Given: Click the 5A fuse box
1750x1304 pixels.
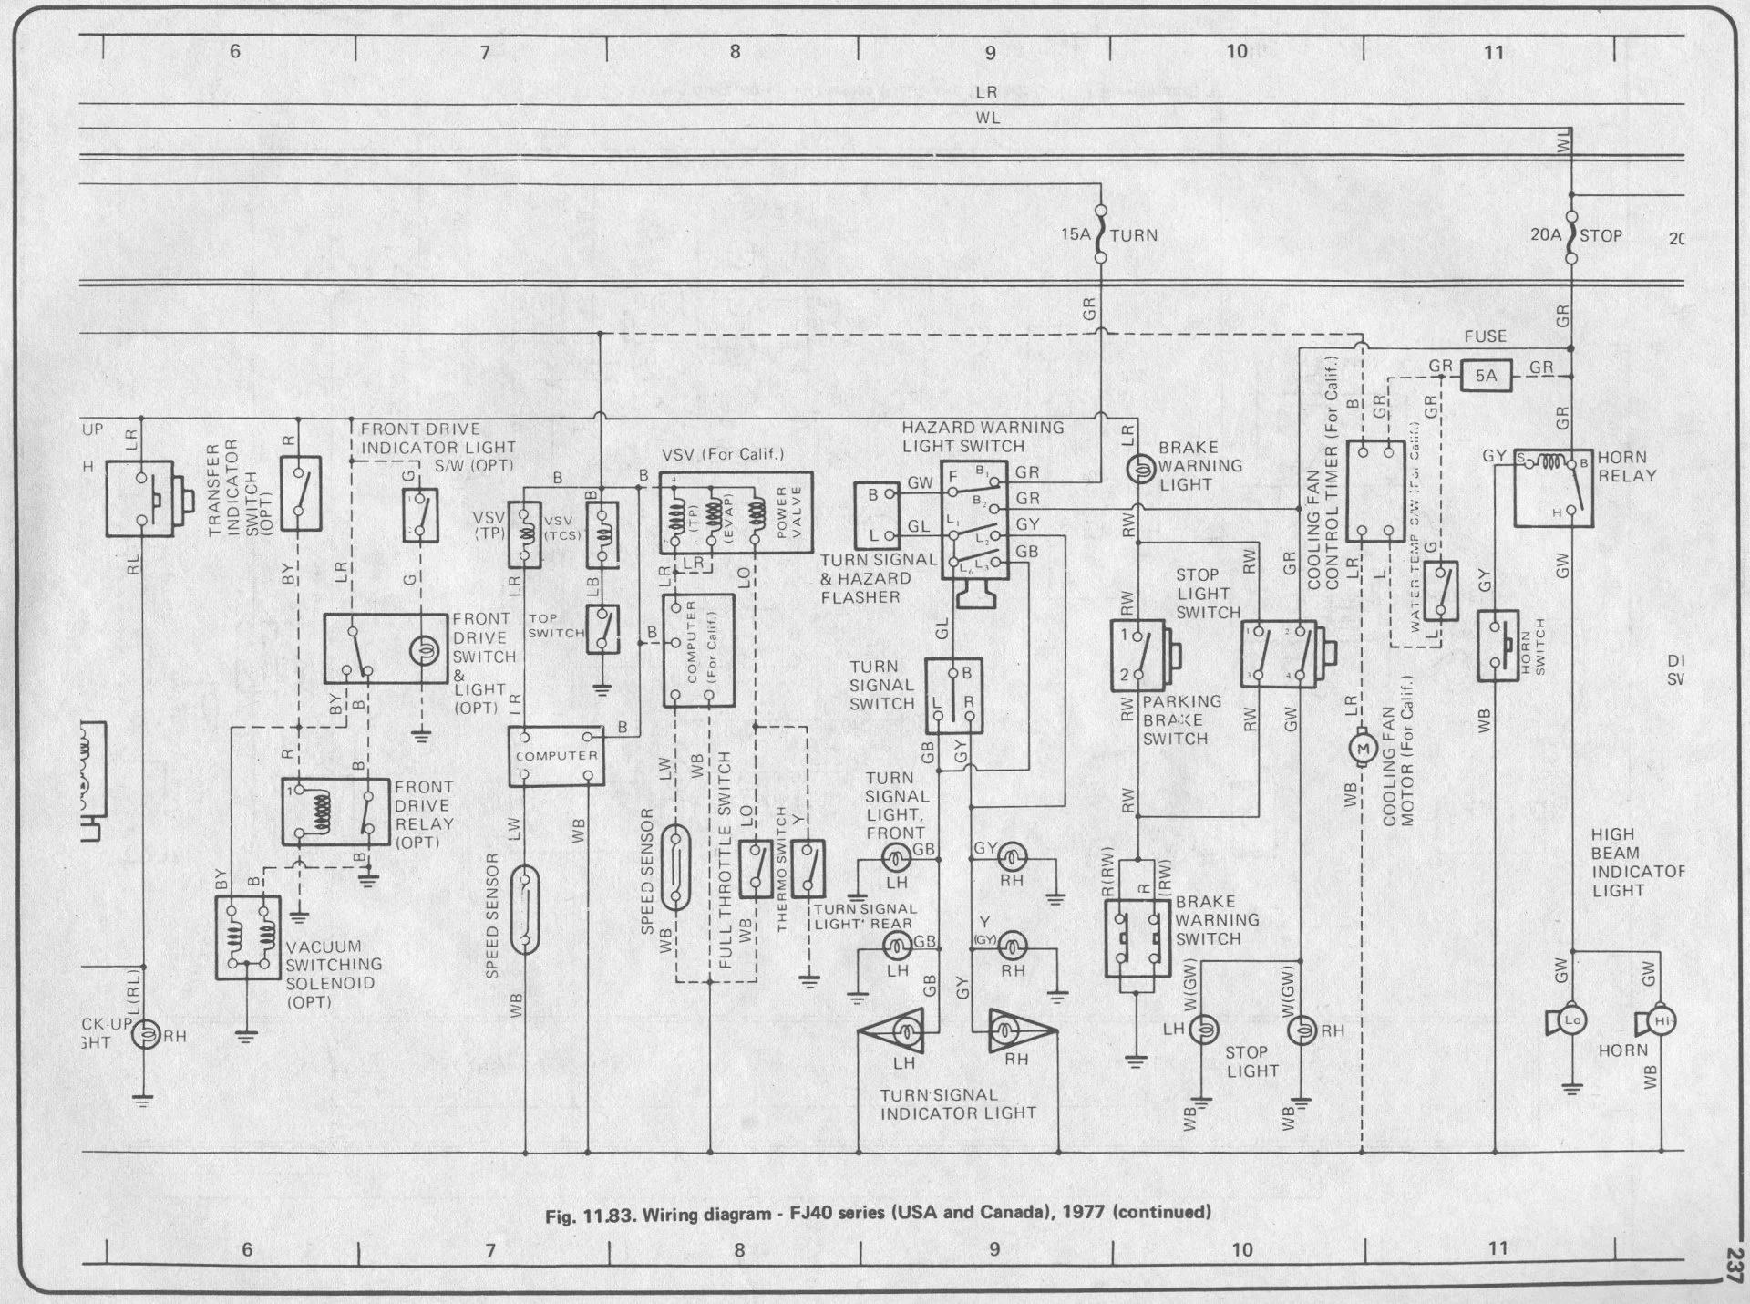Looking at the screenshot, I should [x=1486, y=375].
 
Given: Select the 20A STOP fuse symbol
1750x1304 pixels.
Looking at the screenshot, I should [x=1570, y=235].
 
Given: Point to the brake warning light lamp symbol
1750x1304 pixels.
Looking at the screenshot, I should [x=1138, y=470].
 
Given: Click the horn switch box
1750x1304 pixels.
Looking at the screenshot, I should [x=1497, y=646].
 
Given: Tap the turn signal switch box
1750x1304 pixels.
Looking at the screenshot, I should [x=953, y=696].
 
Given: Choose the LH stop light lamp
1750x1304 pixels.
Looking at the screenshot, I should [x=1202, y=1030].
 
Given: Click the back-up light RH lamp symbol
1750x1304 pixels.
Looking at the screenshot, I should [x=145, y=1035].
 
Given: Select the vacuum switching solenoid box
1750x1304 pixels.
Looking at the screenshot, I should [x=248, y=937].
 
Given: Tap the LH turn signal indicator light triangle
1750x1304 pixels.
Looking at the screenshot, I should [x=901, y=1031].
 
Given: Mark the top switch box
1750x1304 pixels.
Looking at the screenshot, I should [x=602, y=629].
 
